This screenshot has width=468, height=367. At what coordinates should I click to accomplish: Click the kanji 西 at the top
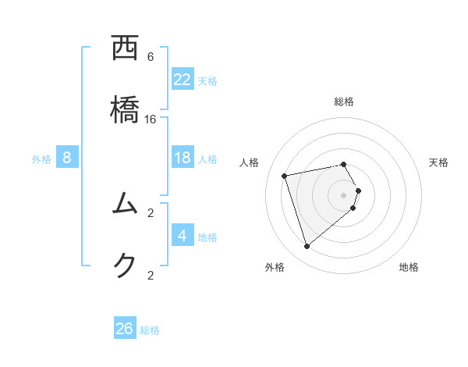click(x=126, y=48)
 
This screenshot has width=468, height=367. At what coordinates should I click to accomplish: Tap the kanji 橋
click(x=126, y=110)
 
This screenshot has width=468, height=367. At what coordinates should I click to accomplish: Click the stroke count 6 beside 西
click(x=151, y=57)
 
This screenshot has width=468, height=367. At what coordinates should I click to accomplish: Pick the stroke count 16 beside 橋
click(x=151, y=119)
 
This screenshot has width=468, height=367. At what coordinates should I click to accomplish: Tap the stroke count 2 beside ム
click(x=151, y=212)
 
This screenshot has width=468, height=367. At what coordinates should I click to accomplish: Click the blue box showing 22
click(x=183, y=80)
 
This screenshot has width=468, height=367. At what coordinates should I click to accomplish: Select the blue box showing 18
click(x=183, y=158)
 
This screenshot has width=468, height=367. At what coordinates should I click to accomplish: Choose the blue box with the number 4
click(x=183, y=235)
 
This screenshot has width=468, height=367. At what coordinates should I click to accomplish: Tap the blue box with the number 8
click(x=67, y=158)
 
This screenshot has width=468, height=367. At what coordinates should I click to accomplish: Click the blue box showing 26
click(x=125, y=329)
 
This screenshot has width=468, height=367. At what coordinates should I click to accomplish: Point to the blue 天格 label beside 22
click(x=207, y=80)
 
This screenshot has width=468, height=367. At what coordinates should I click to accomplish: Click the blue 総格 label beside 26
click(x=150, y=330)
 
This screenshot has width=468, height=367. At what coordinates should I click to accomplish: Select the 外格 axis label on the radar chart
click(x=275, y=267)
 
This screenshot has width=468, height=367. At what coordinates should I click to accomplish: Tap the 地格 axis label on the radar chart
click(x=409, y=267)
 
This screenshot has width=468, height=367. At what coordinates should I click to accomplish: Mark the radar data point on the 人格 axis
click(x=285, y=176)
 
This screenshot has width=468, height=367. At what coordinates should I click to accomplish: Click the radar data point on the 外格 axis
click(x=307, y=246)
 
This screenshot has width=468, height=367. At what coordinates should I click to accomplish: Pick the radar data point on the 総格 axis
click(x=343, y=164)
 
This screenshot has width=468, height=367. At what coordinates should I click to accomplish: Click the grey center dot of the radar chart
click(x=343, y=194)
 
